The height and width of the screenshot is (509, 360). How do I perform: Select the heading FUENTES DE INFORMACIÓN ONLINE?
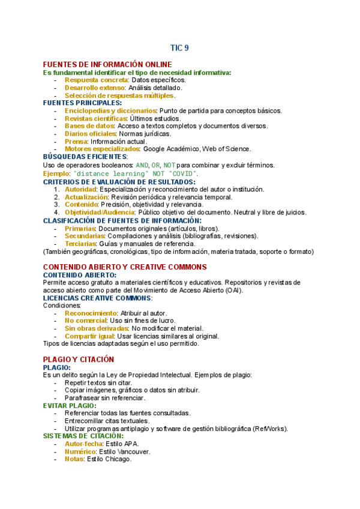(107, 64)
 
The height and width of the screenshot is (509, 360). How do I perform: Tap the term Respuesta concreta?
(96, 80)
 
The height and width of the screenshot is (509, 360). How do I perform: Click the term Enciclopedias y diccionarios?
(110, 110)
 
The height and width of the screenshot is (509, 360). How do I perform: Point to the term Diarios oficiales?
(91, 134)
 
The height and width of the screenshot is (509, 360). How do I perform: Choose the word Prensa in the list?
(76, 142)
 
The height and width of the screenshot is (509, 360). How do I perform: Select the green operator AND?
(142, 165)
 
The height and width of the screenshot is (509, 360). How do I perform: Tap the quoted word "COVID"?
(184, 173)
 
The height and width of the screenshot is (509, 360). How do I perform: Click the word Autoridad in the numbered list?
(81, 189)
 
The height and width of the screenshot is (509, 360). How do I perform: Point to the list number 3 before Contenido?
(56, 205)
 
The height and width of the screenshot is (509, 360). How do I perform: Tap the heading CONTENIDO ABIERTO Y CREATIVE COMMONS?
(124, 267)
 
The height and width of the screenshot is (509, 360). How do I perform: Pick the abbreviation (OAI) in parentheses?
(235, 290)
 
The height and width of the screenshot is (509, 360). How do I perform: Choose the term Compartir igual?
(90, 337)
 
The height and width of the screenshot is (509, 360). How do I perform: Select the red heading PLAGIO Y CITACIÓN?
(79, 359)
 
